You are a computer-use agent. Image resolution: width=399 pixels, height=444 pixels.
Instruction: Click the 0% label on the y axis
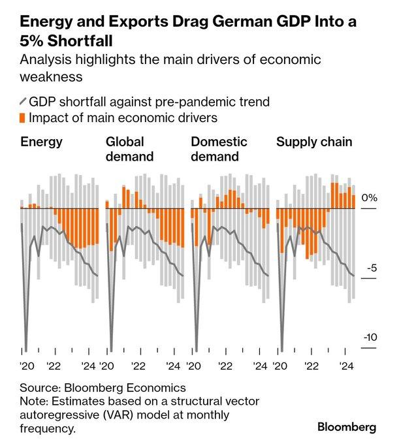(x=370, y=197)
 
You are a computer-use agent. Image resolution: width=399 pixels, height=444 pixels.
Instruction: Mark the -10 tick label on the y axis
(x=369, y=338)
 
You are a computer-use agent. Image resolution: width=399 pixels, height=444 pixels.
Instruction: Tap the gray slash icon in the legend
(x=24, y=102)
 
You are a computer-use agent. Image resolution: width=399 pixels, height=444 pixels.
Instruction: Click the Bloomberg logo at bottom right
(x=347, y=427)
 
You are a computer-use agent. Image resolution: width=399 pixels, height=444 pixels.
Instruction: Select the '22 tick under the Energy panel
(x=54, y=366)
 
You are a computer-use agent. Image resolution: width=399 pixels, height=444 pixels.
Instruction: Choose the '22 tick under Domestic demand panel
(x=225, y=366)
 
